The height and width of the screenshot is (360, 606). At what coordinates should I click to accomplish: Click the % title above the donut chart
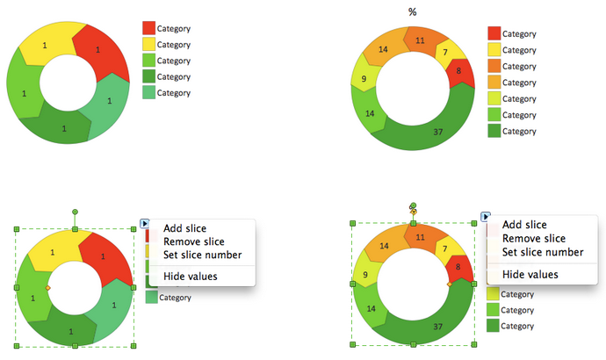(x=413, y=11)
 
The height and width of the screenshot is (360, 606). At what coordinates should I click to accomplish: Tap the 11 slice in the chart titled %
(x=420, y=40)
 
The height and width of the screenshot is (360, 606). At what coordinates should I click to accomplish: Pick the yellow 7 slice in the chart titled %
(x=446, y=54)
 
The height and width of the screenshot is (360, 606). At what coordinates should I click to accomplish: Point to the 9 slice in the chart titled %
(x=364, y=83)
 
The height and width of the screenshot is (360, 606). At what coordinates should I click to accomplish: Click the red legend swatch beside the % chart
(x=495, y=33)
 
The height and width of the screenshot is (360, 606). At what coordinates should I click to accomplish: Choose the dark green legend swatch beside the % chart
(x=495, y=131)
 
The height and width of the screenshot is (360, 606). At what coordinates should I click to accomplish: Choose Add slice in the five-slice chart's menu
(x=184, y=228)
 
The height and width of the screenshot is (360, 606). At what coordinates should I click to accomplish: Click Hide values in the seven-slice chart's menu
(x=530, y=274)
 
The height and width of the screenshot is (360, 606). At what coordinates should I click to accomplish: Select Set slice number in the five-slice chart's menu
(x=202, y=255)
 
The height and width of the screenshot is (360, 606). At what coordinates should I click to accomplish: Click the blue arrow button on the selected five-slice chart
(x=145, y=224)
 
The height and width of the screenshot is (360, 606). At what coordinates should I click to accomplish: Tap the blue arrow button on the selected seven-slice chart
(x=485, y=217)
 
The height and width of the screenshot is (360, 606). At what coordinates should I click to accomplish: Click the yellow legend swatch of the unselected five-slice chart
(x=149, y=44)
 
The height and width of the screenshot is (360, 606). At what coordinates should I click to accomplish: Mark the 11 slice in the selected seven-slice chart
(x=420, y=237)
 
